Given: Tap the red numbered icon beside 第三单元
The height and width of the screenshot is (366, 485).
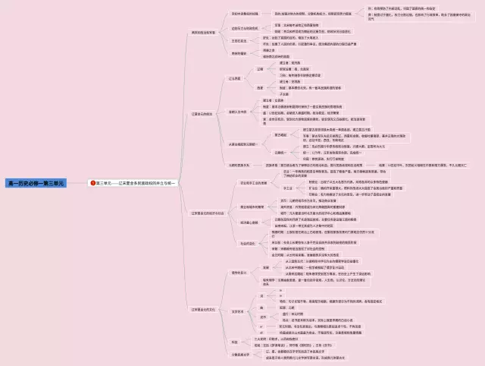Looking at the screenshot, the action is pos(92,183).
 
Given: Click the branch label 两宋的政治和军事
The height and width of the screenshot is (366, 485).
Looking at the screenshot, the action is pos(205,33).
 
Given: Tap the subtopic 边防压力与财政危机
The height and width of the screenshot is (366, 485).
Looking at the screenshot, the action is pos(244,27).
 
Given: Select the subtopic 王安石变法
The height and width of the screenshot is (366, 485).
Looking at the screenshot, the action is pos(239,39).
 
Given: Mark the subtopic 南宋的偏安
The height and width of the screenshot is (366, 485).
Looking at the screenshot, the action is pos(239,53).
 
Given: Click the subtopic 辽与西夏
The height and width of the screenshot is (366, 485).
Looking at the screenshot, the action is pos(235,78).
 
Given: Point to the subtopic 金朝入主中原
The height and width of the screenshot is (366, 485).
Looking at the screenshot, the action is pos(239,112).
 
